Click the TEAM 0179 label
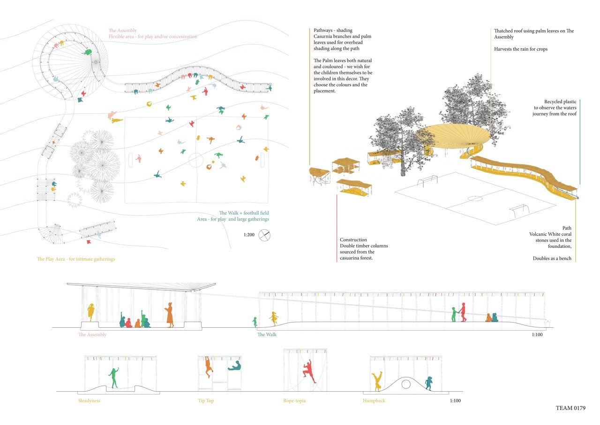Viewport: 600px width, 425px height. tap(570, 408)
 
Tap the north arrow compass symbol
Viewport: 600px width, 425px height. tap(264, 235)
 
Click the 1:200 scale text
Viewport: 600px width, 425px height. tap(249, 235)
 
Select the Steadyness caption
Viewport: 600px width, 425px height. tap(89, 401)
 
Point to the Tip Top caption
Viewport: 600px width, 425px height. tap(206, 401)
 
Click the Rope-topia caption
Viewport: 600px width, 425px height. tap(294, 401)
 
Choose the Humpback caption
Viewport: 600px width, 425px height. tap(374, 401)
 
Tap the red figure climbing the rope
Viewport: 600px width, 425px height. tap(308, 371)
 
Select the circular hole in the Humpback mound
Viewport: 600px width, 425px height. tap(406, 384)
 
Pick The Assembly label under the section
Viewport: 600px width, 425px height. tap(92, 335)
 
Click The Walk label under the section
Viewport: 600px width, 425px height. tap(267, 335)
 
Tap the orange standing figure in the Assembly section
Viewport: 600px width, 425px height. tap(169, 315)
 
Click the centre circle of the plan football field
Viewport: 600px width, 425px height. tap(196, 160)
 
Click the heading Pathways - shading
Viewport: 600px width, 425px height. tap(333, 31)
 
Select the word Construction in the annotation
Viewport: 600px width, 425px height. tap(353, 240)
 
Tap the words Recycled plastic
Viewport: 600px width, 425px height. tap(560, 101)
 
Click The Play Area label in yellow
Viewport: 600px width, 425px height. tap(75, 259)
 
